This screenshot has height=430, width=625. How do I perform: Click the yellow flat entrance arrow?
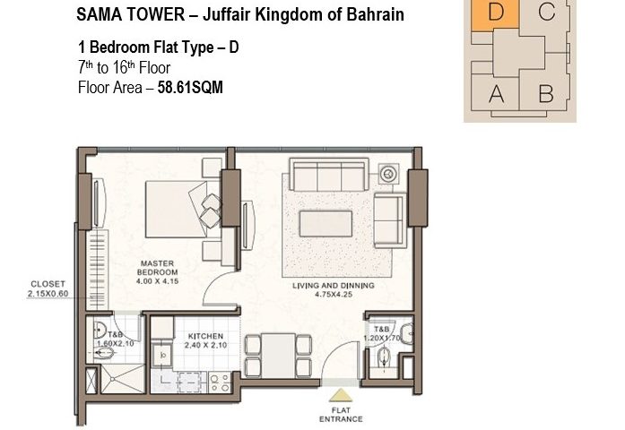tap(341, 395)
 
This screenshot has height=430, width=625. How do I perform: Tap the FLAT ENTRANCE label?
tap(341, 415)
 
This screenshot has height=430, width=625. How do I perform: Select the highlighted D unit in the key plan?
tap(495, 15)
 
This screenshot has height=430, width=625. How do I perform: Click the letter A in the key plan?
tap(496, 94)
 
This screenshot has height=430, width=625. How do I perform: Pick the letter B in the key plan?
tap(546, 94)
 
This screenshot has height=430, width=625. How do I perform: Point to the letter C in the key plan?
tap(546, 11)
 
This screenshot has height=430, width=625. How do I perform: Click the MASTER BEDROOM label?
tap(158, 268)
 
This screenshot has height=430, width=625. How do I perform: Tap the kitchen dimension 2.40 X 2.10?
tap(205, 345)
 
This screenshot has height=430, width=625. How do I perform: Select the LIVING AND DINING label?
tap(334, 286)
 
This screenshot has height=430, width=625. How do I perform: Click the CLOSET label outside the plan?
tap(48, 284)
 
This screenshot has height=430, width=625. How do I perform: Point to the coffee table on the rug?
tap(326, 224)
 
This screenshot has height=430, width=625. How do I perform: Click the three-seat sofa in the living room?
tap(329, 175)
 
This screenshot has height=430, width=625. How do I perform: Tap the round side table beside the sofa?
tap(388, 174)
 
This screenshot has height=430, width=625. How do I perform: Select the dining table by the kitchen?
tap(278, 356)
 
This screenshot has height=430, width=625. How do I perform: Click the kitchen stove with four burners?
tap(220, 383)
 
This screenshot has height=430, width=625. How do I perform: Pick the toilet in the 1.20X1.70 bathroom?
tap(384, 357)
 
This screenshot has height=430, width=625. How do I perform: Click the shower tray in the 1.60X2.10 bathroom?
tap(122, 379)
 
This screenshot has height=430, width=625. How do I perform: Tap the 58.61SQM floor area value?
tap(190, 87)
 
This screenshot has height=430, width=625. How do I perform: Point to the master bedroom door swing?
tap(212, 283)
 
